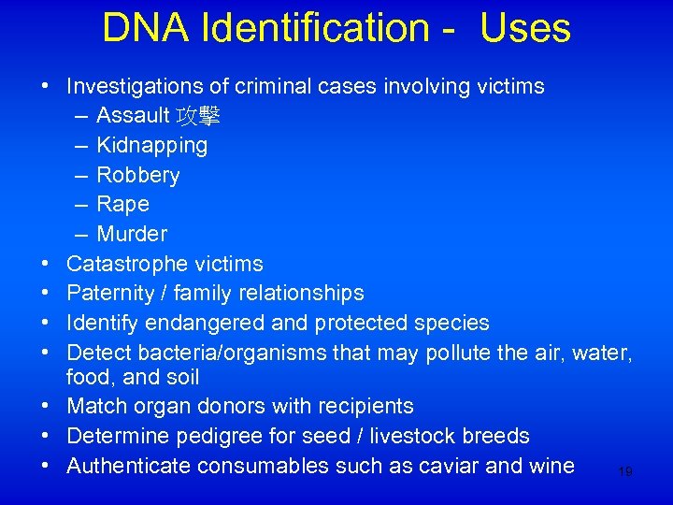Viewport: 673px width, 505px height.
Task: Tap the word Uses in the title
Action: click(x=525, y=28)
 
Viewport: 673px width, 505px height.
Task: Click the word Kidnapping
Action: click(x=152, y=145)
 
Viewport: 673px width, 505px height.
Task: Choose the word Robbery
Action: click(x=138, y=175)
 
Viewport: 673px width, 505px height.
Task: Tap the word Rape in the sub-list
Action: click(x=122, y=204)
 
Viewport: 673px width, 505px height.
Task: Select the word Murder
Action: click(x=132, y=234)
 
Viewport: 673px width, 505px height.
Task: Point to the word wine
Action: click(x=551, y=465)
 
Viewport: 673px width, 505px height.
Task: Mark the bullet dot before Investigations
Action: click(x=46, y=87)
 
